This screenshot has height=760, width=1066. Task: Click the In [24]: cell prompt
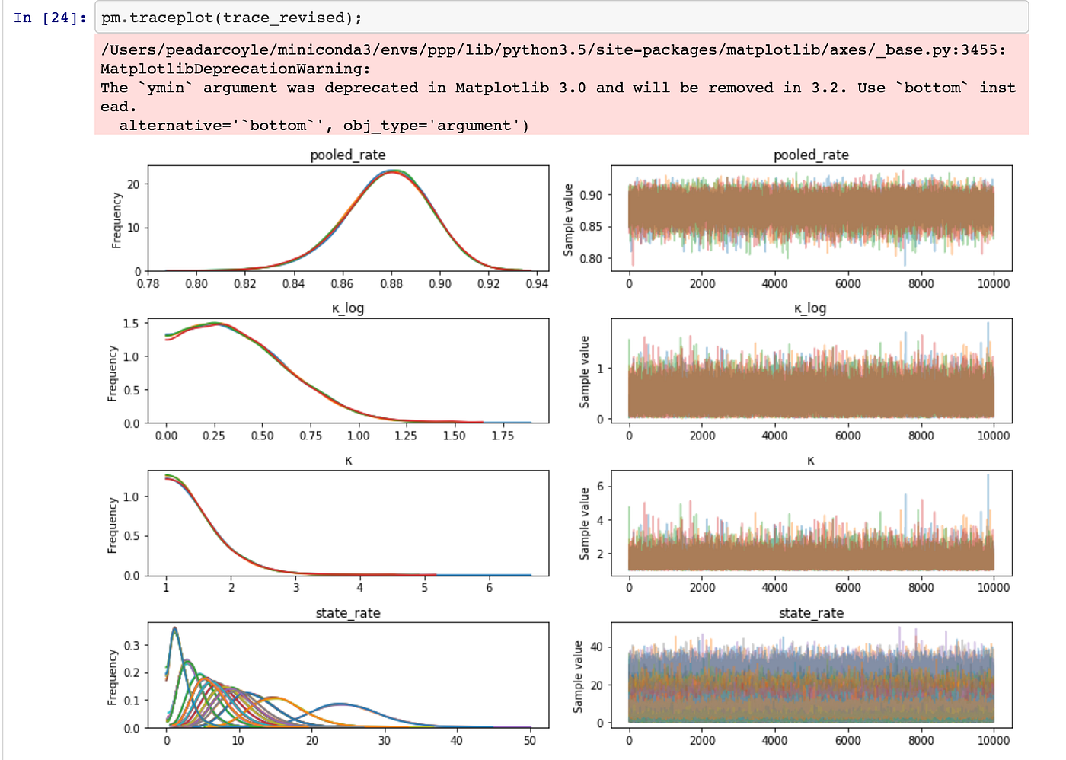[x=50, y=18]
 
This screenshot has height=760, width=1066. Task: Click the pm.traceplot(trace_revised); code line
[x=231, y=18]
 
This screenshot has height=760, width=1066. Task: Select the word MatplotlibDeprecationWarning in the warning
[x=235, y=69]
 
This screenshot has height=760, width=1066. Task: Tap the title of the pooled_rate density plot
[x=348, y=155]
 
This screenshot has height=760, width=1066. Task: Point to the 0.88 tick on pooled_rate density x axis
[x=391, y=283]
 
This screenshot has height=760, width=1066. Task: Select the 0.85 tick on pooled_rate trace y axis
[x=590, y=226]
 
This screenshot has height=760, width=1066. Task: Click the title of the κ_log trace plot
[x=810, y=308]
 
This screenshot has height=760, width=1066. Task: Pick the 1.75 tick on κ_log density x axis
[x=503, y=436]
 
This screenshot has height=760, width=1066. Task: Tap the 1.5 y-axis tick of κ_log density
[x=131, y=324]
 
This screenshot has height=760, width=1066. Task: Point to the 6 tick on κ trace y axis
[x=599, y=487]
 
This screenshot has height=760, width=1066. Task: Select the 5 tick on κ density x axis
[x=424, y=587]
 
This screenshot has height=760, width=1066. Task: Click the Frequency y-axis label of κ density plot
[x=113, y=525]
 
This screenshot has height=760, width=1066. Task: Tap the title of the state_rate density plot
[x=348, y=613]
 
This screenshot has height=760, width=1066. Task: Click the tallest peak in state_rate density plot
[x=175, y=628]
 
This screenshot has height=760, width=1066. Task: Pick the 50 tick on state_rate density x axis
[x=530, y=740]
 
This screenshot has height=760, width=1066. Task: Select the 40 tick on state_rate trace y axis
[x=596, y=647]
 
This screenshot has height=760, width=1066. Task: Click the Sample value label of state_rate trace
[x=578, y=676]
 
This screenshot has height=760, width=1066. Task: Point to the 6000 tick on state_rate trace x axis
[x=847, y=740]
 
